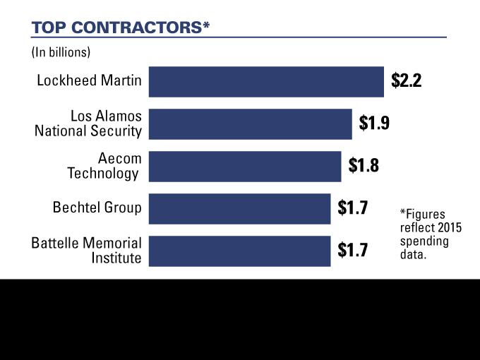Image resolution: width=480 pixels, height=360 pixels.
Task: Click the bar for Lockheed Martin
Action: coord(266,81)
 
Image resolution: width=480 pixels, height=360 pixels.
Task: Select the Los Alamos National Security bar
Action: coord(250,124)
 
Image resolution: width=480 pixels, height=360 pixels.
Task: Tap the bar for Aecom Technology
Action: coord(245,166)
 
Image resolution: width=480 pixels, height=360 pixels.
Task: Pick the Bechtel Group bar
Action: coord(239,208)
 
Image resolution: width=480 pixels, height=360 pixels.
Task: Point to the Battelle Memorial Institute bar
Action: coord(239,251)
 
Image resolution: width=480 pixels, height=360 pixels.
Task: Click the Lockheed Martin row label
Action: coord(89,81)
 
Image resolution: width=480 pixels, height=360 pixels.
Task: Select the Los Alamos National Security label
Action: coord(88,124)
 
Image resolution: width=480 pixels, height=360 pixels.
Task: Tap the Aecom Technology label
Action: coord(104,166)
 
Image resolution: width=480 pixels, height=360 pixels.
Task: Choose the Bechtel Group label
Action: coord(97,208)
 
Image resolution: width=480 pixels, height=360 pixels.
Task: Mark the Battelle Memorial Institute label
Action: coord(87,251)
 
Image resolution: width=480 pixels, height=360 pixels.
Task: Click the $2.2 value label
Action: coord(406,80)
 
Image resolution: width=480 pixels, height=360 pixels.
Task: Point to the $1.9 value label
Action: coord(374,124)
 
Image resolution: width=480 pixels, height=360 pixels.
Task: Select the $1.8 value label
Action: coord(364,166)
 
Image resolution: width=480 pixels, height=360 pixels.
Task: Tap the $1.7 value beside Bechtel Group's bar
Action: coord(352,208)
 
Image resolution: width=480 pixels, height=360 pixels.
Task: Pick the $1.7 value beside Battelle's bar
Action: coord(352,251)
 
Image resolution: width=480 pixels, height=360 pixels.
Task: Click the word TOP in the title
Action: coord(47,28)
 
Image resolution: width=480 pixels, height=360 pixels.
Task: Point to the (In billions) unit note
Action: coord(61,52)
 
